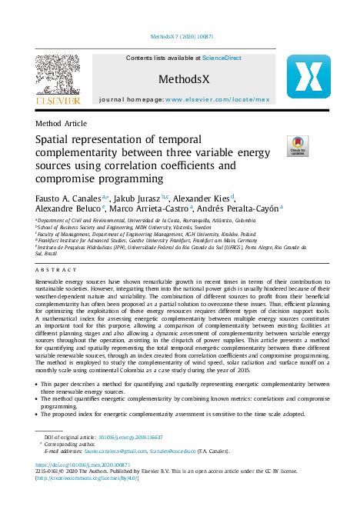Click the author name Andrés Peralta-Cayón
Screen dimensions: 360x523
246,208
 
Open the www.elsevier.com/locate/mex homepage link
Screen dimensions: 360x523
228,100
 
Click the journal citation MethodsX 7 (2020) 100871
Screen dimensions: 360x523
180,36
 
